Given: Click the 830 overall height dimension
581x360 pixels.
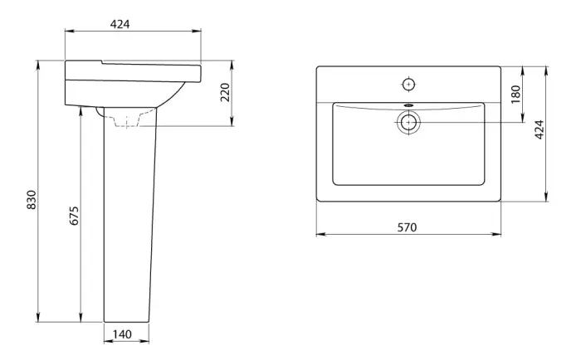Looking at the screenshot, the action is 32,200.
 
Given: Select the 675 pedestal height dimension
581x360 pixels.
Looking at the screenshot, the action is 75,216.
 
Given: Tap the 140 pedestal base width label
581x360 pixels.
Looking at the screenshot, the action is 122,334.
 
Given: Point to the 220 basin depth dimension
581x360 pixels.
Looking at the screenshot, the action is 225,92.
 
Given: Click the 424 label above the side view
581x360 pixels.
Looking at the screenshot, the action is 120,24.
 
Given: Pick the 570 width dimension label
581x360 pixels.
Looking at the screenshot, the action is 407,227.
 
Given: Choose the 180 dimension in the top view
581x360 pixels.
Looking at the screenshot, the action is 515,95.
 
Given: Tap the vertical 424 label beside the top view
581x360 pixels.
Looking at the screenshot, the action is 539,129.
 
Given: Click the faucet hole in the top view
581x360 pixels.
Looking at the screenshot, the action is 408,85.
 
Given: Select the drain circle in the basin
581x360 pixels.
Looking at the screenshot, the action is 408,122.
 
